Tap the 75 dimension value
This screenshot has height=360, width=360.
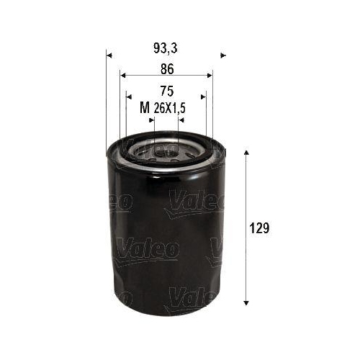166,91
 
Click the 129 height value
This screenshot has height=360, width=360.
260,228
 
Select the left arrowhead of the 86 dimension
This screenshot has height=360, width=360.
123,74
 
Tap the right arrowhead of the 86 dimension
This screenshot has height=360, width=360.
210,74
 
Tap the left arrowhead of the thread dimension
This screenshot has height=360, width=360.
151,120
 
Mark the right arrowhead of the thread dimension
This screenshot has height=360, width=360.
181,120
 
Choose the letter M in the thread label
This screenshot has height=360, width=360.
144,108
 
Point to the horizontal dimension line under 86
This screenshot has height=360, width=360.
166,74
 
